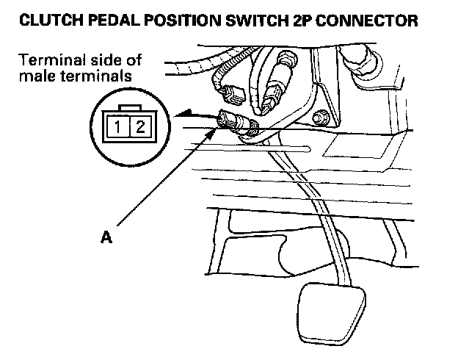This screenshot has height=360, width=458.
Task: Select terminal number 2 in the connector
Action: [141, 127]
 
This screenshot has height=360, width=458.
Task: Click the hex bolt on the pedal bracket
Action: [320, 115]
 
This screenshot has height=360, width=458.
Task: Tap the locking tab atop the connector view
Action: [131, 107]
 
